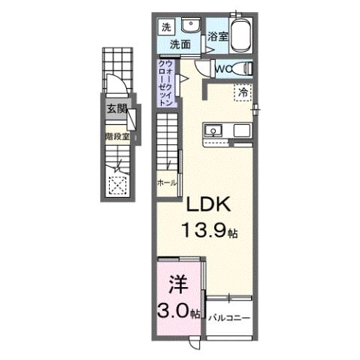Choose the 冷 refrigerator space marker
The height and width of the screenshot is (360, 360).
pyautogui.click(x=244, y=92)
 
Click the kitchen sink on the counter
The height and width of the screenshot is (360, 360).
pyautogui.click(x=213, y=132)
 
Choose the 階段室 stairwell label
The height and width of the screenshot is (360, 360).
pyautogui.click(x=117, y=137)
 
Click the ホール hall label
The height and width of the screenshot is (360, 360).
pyautogui.click(x=166, y=183)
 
